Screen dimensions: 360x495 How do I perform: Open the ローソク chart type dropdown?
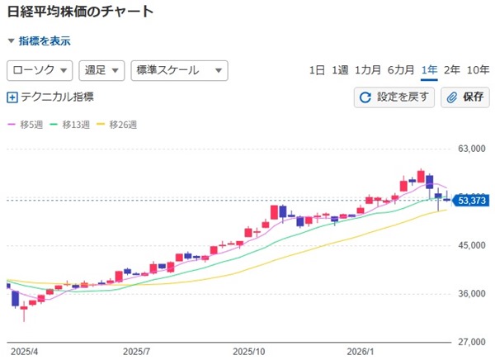pos(40,70)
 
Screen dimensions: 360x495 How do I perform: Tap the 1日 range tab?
pos(317,70)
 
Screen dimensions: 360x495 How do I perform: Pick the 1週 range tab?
pos(340,70)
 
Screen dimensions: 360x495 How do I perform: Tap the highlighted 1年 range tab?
pos(429,70)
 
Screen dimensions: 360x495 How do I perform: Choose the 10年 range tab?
pos(478,70)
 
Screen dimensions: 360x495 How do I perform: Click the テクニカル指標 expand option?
pos(50,97)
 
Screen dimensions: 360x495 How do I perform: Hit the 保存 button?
pos(466,97)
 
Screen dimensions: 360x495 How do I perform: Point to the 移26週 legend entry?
pos(117,125)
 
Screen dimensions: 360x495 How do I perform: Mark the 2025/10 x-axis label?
pos(248,351)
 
